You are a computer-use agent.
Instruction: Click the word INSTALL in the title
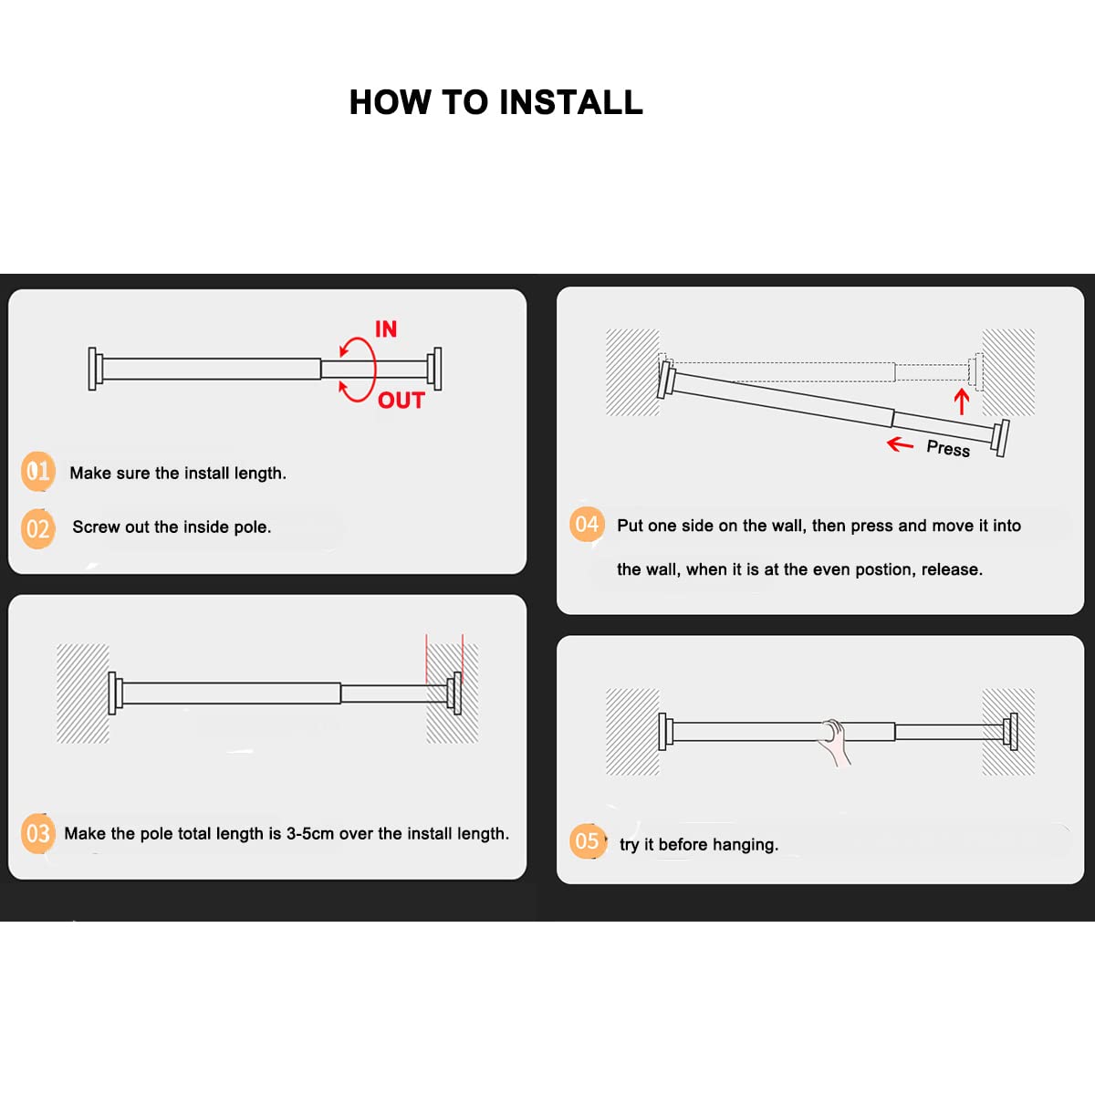click(570, 103)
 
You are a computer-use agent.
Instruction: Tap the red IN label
click(386, 329)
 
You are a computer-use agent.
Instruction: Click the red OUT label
click(401, 401)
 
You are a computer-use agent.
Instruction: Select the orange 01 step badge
click(38, 471)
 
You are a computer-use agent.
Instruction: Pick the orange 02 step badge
click(38, 529)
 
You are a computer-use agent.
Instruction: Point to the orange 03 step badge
click(38, 834)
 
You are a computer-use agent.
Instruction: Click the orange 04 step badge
click(587, 524)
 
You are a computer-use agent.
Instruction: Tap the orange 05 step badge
click(587, 841)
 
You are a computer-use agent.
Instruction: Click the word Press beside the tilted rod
click(948, 448)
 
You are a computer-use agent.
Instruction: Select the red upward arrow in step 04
click(962, 401)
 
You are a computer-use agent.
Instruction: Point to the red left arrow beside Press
click(900, 443)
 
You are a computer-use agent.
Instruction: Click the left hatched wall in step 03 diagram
click(83, 693)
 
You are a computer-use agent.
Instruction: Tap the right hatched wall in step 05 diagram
click(1008, 732)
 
